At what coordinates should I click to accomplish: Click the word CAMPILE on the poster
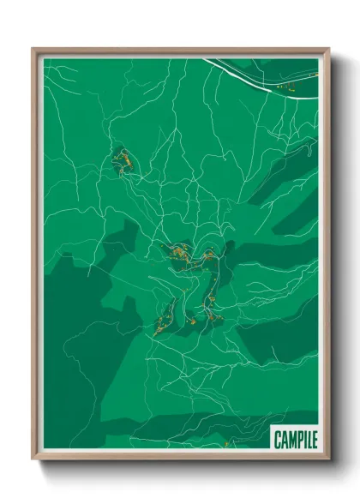[295, 440]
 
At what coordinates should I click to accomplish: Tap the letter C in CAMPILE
[278, 440]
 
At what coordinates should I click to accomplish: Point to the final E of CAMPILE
[314, 440]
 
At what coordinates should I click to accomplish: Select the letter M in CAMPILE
[291, 440]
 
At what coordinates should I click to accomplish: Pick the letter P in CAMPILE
[297, 440]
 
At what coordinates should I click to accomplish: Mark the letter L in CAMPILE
[308, 440]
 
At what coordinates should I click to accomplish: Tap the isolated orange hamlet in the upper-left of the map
[123, 160]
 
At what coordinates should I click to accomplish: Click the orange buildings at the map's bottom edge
[225, 445]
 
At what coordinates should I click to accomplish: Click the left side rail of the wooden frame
[34, 257]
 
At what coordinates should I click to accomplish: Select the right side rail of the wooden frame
[327, 257]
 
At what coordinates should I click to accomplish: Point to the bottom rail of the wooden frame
[180, 458]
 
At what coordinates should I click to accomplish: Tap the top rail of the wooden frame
[180, 49]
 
